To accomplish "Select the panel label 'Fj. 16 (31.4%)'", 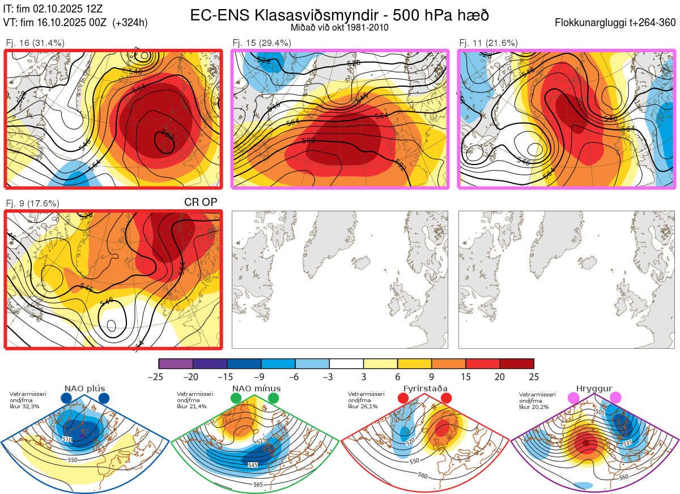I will pyautogui.click(x=35, y=43).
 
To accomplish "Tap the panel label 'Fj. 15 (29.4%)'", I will pyautogui.click(x=262, y=43).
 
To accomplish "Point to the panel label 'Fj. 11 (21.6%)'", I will pyautogui.click(x=488, y=43).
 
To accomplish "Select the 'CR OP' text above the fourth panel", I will pyautogui.click(x=201, y=202).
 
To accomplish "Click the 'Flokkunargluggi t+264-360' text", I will pyautogui.click(x=617, y=23).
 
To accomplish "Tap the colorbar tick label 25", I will pyautogui.click(x=533, y=377).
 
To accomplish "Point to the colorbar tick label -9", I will pyautogui.click(x=261, y=377).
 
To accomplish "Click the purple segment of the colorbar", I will pyautogui.click(x=176, y=364).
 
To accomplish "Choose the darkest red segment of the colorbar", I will pyautogui.click(x=517, y=364).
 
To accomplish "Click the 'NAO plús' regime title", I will pyautogui.click(x=84, y=389).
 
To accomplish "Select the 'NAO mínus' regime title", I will pyautogui.click(x=256, y=389).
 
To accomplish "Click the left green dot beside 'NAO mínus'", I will pyautogui.click(x=237, y=399).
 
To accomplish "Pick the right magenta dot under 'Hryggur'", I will pyautogui.click(x=615, y=399).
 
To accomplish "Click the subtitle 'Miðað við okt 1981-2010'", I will pyautogui.click(x=339, y=27).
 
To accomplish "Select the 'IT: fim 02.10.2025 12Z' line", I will pyautogui.click(x=53, y=10).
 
